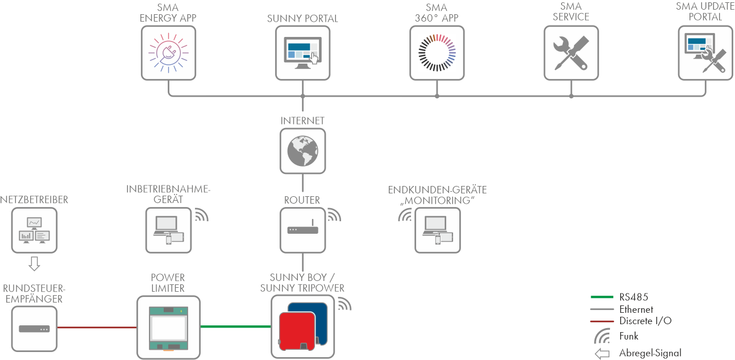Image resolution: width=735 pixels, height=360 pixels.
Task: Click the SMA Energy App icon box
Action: coord(168,53)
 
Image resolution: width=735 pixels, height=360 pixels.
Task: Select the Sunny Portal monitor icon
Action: coord(302,53)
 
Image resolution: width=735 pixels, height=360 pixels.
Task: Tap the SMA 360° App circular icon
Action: coord(437,53)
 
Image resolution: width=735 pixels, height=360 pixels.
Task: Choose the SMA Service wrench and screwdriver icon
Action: coord(571,53)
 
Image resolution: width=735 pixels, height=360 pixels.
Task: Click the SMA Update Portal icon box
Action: coord(705,53)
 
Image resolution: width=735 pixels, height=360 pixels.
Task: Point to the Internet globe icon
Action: coord(302,150)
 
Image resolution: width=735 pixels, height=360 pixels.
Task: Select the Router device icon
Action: coord(302,230)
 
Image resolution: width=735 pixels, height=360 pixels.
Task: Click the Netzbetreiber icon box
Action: coord(34,230)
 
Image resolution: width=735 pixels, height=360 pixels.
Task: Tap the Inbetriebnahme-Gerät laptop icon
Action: coord(168,230)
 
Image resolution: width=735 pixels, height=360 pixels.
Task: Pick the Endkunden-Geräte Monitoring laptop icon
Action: coord(437,230)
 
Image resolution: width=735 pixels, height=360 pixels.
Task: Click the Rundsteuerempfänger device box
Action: coord(34,328)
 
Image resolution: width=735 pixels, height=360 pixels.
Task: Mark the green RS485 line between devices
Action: coord(236,327)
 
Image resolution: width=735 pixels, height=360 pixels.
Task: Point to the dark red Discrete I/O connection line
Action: coord(97,328)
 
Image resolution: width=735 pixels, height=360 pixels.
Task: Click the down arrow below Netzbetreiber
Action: coord(34,263)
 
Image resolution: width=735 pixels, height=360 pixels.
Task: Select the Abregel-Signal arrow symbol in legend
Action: coord(602,354)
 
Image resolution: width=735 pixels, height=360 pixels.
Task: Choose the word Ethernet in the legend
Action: coord(636,309)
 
